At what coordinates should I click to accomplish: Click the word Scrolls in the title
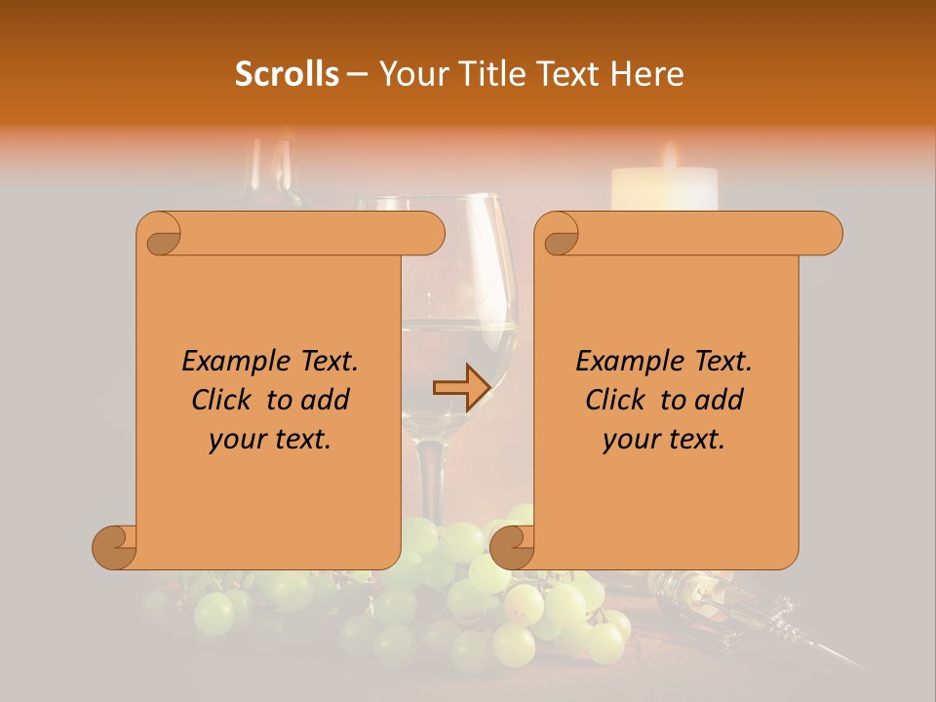287,74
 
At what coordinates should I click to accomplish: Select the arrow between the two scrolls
459,387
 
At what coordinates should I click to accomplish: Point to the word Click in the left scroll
226,400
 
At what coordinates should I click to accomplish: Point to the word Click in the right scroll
620,400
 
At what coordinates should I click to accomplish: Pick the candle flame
670,156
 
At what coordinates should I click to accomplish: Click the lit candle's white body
664,190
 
